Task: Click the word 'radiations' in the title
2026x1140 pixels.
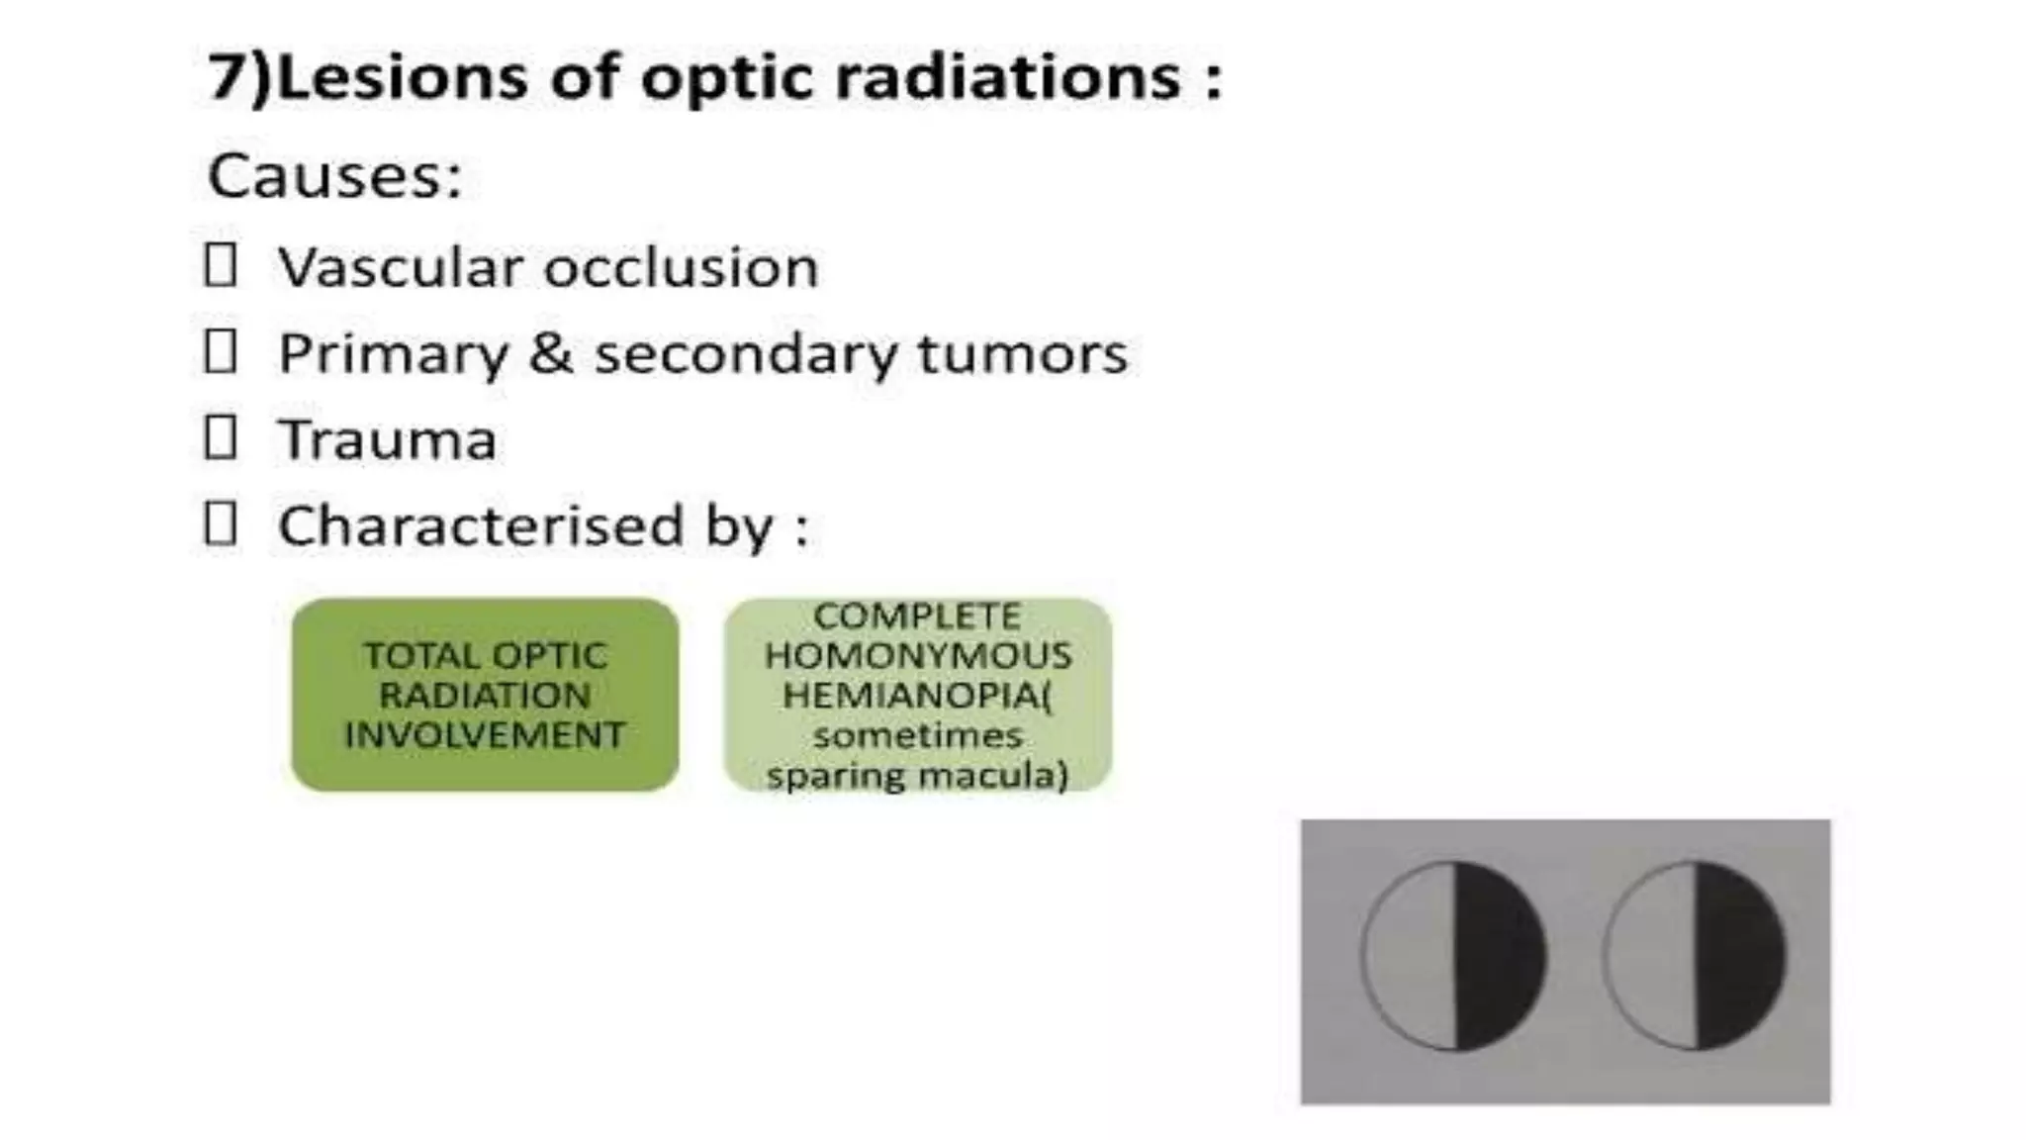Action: point(1007,77)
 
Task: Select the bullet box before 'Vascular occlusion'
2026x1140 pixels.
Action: point(220,265)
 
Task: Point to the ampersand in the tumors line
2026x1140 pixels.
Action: point(550,353)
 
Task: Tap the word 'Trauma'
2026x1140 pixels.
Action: point(387,440)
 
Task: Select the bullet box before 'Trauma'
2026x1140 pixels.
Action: point(220,437)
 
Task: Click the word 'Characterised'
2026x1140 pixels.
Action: point(480,525)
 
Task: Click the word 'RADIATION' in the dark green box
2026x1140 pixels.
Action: point(485,696)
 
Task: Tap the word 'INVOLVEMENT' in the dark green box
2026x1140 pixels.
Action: point(485,735)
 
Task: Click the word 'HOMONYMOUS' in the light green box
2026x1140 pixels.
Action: point(917,655)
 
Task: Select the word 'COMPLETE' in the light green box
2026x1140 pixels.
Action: point(917,617)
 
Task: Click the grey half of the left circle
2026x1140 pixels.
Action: point(1410,956)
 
